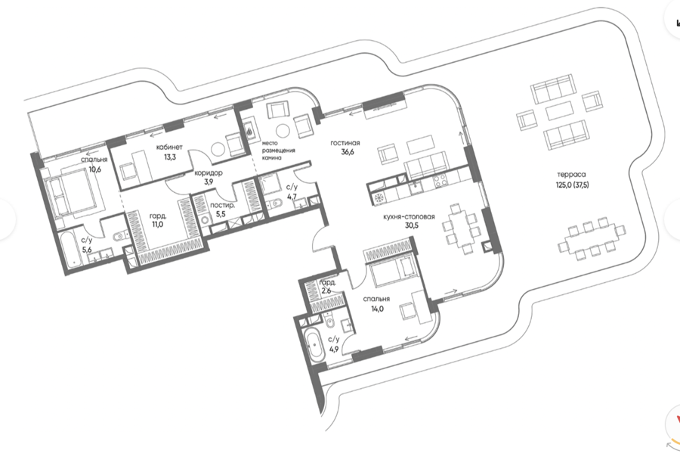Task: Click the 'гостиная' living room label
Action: [x=345, y=143]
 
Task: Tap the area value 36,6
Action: [x=348, y=152]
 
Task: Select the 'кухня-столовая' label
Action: [x=409, y=216]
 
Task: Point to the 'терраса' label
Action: [x=572, y=175]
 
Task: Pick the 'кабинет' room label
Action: [x=169, y=148]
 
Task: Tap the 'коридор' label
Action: [x=209, y=173]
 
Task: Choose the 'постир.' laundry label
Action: [x=222, y=206]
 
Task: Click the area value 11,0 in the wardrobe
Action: [x=157, y=225]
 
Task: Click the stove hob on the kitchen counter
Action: [x=441, y=180]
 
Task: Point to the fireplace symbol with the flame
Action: [x=250, y=129]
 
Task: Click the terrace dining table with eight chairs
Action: [x=592, y=239]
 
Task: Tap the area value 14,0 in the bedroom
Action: [x=376, y=309]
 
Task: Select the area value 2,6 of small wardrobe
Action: [x=326, y=291]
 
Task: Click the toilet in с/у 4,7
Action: [x=276, y=204]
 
